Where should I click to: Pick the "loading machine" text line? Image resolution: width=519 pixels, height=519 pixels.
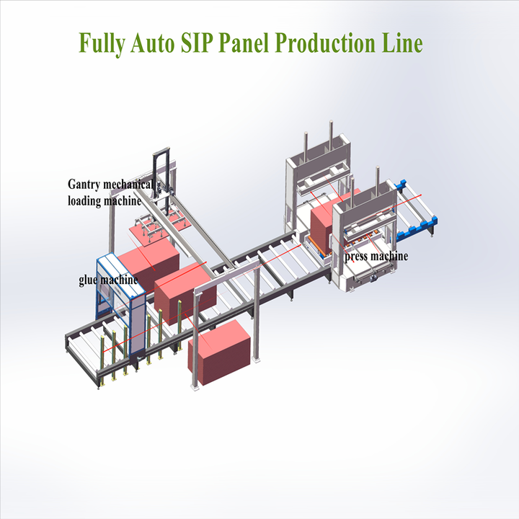click(x=104, y=201)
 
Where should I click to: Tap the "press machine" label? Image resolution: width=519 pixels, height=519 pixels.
click(x=376, y=257)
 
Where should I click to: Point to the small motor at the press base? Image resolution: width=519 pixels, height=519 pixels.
click(x=372, y=275)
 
